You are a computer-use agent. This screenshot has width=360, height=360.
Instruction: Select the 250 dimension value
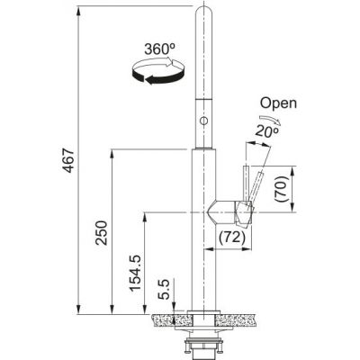coord(100,238)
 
